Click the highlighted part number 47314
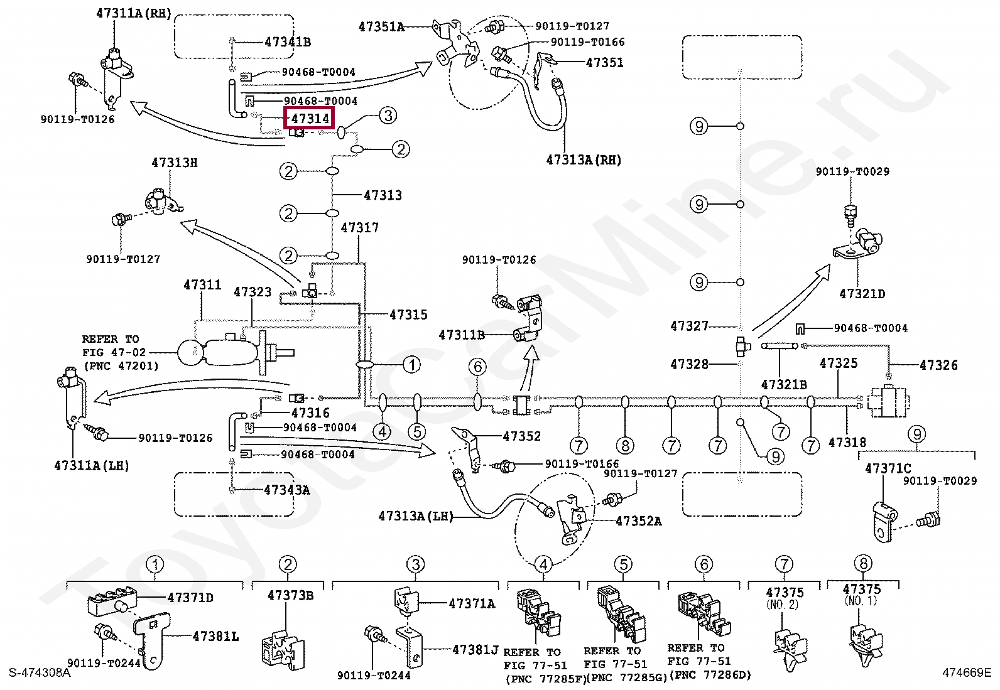[x=310, y=118]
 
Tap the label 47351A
[x=381, y=26]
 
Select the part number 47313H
[x=175, y=163]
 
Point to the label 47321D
[x=862, y=294]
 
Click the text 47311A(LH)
[x=92, y=466]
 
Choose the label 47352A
[x=638, y=521]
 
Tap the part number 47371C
[x=888, y=468]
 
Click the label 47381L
[x=215, y=637]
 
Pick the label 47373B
[x=290, y=595]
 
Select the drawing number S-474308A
[x=40, y=673]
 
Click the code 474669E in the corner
[x=966, y=673]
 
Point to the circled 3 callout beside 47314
[x=388, y=115]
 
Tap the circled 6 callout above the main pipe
[x=477, y=367]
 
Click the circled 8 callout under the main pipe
[x=625, y=446]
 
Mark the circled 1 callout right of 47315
[x=411, y=364]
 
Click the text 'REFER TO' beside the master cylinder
[x=110, y=339]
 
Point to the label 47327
[x=689, y=326]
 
